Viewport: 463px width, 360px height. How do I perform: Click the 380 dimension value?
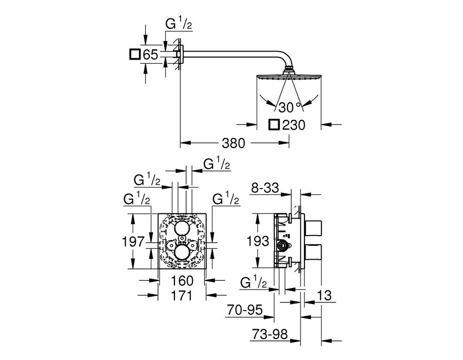[x=233, y=143]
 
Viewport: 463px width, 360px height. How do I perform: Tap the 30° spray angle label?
[x=289, y=107]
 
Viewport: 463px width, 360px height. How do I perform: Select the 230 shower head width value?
[x=294, y=125]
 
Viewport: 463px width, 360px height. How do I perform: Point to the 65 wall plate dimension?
[x=151, y=55]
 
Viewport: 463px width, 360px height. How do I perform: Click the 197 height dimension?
[x=133, y=242]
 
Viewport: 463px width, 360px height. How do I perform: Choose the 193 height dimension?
[x=258, y=241]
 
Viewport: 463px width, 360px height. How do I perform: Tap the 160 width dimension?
[x=182, y=281]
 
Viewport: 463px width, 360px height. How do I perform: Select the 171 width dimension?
[x=182, y=295]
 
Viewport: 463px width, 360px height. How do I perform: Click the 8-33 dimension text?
[x=265, y=188]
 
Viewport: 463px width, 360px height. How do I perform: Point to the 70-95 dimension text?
[x=245, y=310]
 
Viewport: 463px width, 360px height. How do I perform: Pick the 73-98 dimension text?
[x=270, y=334]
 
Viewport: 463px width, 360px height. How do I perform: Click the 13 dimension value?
[x=324, y=295]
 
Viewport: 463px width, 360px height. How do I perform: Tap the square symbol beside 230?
[x=274, y=125]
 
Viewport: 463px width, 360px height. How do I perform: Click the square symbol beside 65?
[x=135, y=55]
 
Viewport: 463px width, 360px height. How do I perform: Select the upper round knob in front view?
[x=182, y=228]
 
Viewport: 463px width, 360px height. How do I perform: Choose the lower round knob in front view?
[x=182, y=253]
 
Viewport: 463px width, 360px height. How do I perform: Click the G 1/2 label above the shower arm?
[x=179, y=24]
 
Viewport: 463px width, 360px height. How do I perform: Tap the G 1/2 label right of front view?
[x=226, y=199]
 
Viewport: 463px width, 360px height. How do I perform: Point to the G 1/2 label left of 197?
[x=137, y=199]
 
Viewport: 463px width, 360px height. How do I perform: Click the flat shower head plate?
[x=289, y=77]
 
